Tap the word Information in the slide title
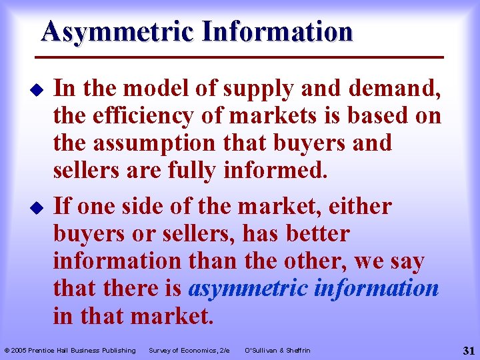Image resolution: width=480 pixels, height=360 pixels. coord(280,31)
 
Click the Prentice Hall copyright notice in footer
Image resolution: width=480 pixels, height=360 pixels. coord(70,350)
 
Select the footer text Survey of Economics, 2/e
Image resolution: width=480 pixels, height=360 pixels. coord(189,350)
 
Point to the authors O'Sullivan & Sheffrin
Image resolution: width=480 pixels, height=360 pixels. coord(277,350)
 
